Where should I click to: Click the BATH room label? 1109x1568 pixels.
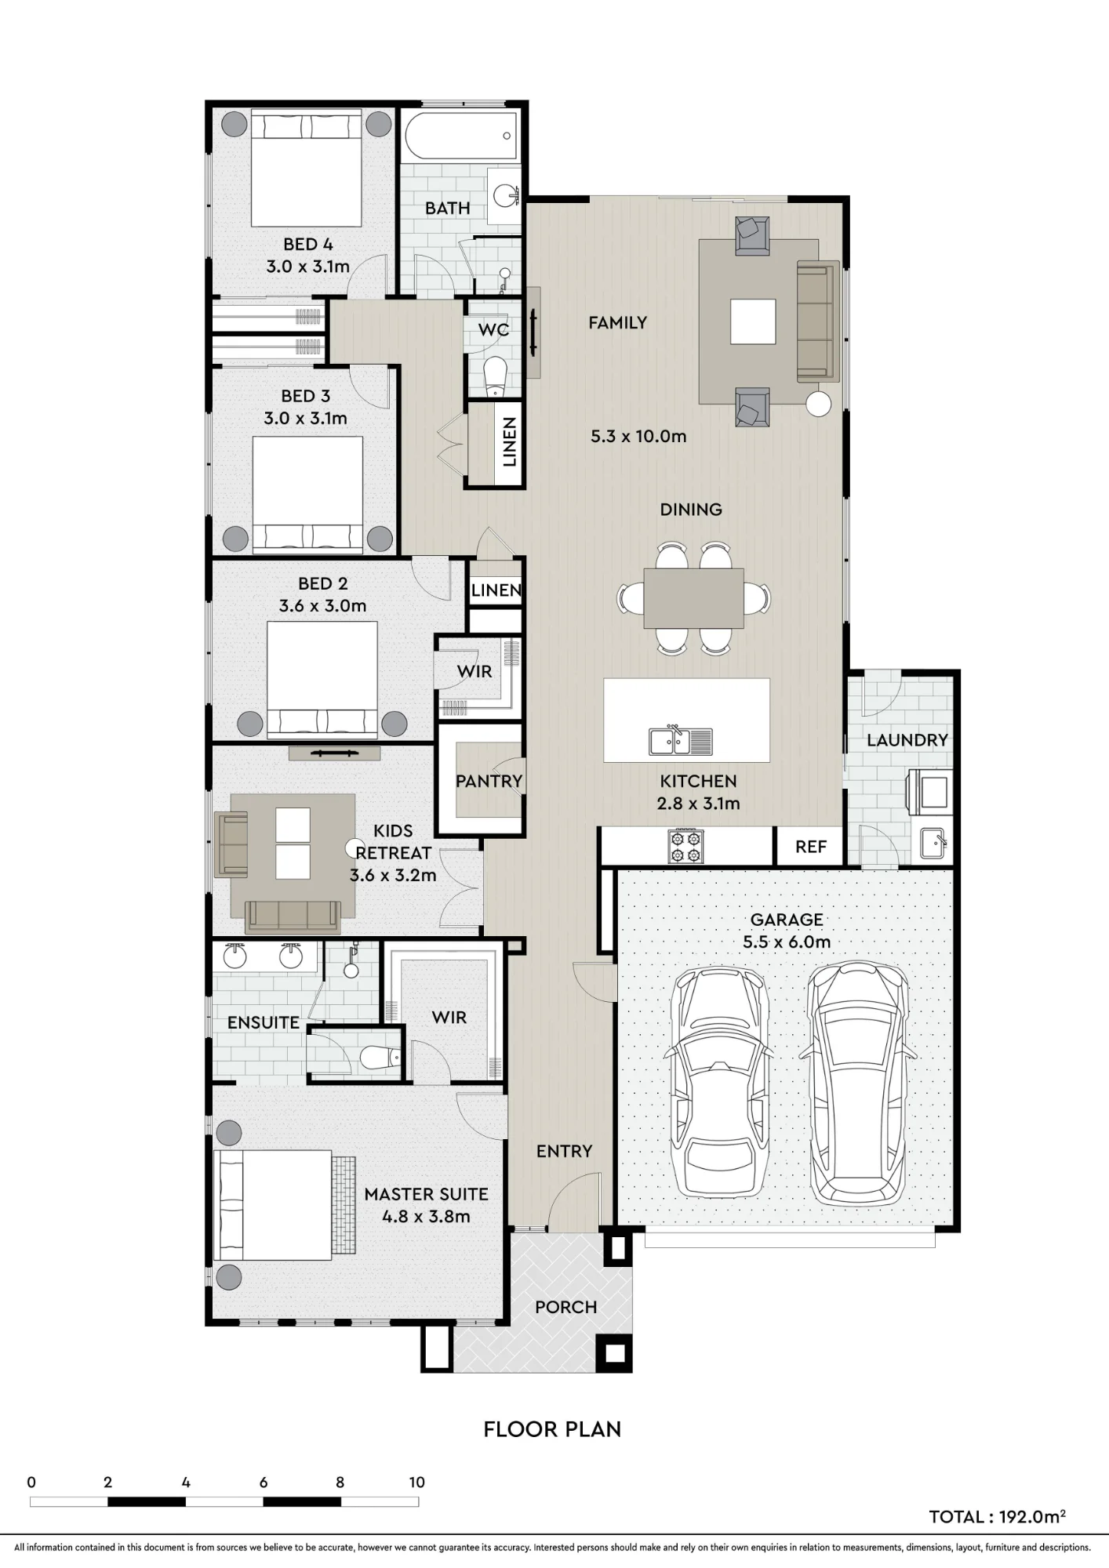coord(448,209)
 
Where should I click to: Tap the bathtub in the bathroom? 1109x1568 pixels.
coord(462,136)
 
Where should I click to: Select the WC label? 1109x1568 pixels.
coord(493,329)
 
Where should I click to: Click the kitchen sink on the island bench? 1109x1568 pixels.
coord(681,740)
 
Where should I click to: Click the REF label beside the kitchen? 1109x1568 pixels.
coord(811,847)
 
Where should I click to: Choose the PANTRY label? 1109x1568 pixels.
coord(489,781)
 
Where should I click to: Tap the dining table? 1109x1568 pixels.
coord(694,598)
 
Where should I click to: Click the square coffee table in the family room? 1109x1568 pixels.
coord(753,321)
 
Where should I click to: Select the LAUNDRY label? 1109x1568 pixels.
coord(907,740)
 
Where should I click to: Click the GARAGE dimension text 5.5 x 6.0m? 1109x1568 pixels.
coord(787,942)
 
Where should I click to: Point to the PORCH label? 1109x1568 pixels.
coord(566,1307)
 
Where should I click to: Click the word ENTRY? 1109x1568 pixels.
coord(564,1151)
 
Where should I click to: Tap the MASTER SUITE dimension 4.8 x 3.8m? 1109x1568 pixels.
coord(426,1216)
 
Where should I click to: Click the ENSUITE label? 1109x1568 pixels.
coord(264,1022)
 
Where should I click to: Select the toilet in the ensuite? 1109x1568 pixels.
coord(380,1058)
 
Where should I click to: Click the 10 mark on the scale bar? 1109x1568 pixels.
coord(416,1482)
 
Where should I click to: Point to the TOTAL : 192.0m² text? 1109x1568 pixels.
coord(997,1516)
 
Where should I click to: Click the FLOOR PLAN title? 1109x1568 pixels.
coord(552,1429)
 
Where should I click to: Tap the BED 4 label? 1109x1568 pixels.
coord(308,245)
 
